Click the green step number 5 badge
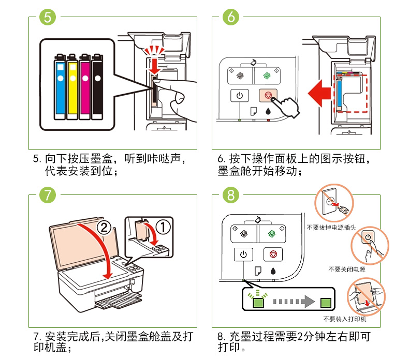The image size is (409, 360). tap(47, 17)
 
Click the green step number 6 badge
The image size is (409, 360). tap(231, 17)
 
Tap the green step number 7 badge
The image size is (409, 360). tap(47, 195)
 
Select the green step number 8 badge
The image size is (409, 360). tap(231, 195)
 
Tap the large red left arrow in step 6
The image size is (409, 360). tap(319, 93)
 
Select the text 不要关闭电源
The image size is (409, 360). tap(346, 269)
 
